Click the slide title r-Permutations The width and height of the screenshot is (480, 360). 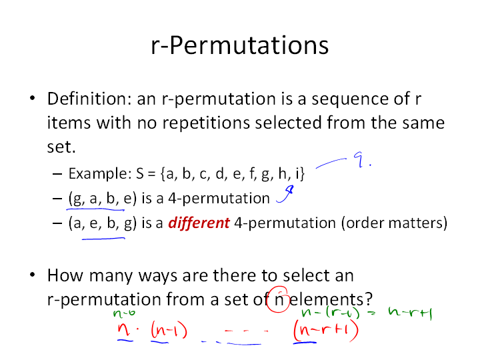point(240,45)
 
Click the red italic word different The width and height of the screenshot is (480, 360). point(199,223)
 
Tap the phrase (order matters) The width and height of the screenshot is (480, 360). point(394,223)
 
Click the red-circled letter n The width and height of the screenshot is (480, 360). point(279,300)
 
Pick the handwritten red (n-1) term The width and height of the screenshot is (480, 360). point(169,331)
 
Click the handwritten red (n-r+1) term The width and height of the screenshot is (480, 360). point(326,330)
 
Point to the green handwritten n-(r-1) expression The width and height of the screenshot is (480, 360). point(330,313)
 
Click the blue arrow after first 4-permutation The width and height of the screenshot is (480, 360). point(285,194)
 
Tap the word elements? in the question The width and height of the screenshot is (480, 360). point(331,299)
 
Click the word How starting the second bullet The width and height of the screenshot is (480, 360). point(65,275)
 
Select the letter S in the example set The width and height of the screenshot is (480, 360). point(140,173)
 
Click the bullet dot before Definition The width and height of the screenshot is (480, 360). point(33,98)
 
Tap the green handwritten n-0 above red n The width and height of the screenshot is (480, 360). point(124,313)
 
